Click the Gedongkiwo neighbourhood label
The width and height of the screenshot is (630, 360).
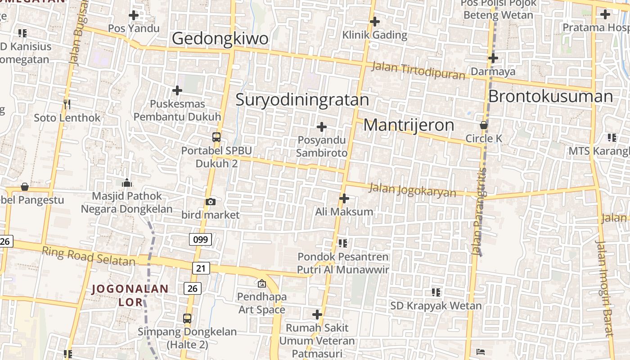(220, 39)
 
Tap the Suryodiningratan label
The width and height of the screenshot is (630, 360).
(302, 99)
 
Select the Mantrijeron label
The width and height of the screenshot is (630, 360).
(409, 125)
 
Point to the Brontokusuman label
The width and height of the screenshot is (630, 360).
(550, 96)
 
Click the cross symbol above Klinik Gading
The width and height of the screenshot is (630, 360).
(374, 21)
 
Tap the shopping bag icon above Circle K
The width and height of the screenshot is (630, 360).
(484, 125)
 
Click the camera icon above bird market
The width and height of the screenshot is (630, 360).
(210, 202)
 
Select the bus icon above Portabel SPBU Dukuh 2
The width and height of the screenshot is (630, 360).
(216, 137)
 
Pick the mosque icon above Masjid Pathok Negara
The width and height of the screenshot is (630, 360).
(127, 182)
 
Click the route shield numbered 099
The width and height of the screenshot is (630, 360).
(200, 239)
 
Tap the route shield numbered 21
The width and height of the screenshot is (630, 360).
(201, 269)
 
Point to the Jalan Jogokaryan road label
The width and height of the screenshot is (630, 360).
(412, 190)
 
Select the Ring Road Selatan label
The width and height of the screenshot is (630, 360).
(88, 256)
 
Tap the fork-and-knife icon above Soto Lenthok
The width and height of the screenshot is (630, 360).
(67, 104)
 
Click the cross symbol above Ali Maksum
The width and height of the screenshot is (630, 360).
(344, 198)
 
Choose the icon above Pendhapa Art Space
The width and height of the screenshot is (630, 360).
(261, 283)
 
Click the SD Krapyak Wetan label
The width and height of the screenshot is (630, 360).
(436, 306)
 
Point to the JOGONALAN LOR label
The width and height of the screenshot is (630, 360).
(130, 295)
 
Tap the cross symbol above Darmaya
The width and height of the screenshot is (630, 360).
(493, 58)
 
